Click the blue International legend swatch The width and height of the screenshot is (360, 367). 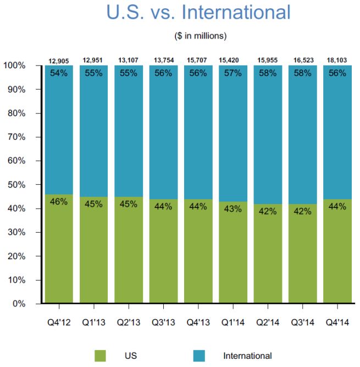point(200,355)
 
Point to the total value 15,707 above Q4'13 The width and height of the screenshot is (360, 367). point(197,60)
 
